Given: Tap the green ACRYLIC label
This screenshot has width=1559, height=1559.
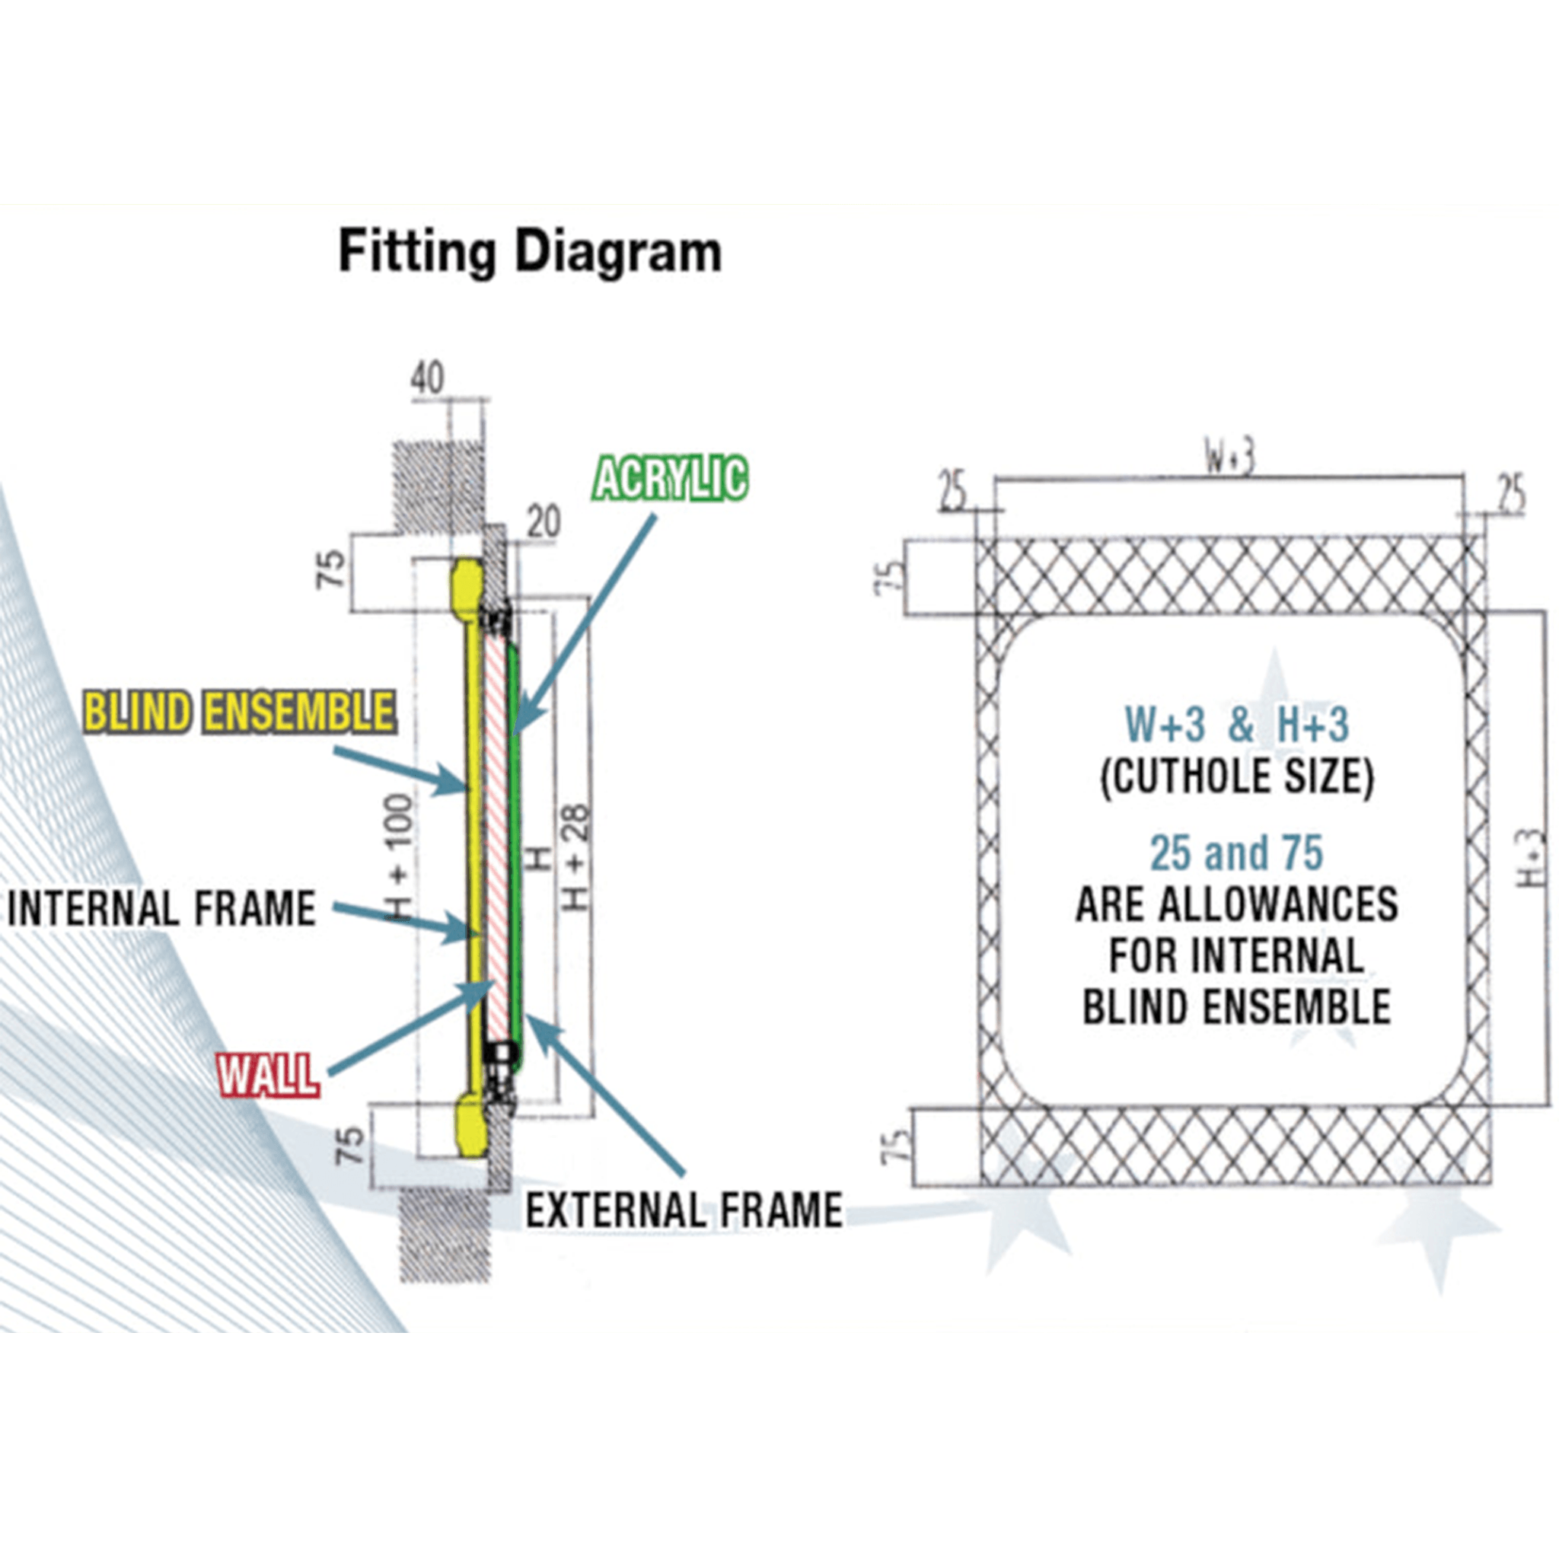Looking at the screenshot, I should pos(670,479).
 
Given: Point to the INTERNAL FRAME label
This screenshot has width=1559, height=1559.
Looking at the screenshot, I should pos(161,909).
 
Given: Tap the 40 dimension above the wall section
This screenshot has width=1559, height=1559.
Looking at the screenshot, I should pos(427,378).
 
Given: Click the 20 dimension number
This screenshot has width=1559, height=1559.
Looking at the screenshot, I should pos(543,522).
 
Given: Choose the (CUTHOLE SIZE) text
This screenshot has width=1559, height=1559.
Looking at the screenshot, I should pos(1236,776).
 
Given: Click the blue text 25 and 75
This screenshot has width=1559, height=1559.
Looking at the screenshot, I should pos(1236,853).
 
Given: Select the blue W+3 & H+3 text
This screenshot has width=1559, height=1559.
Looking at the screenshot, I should pos(1236,724).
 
